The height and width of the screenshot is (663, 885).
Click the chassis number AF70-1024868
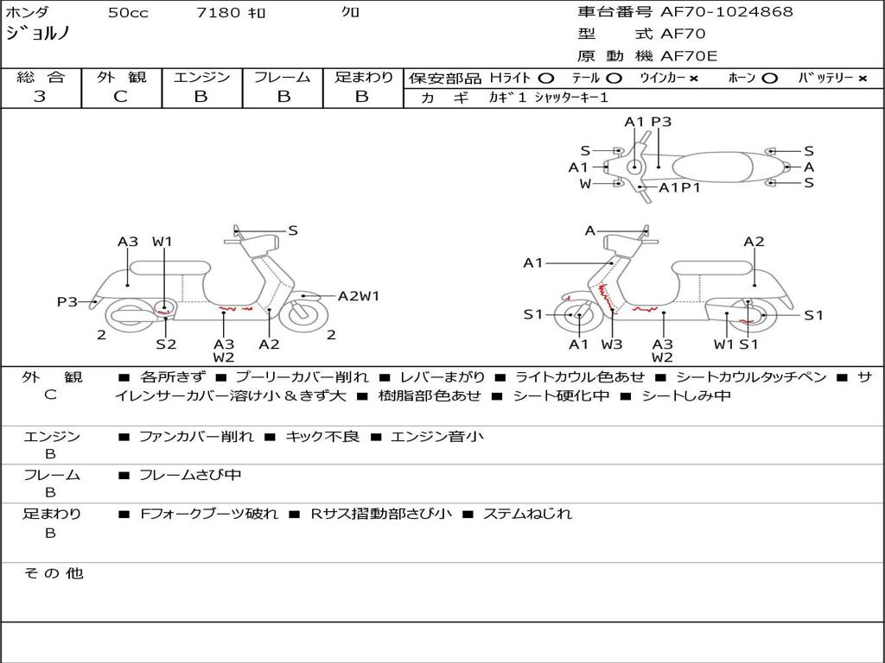pos(726,11)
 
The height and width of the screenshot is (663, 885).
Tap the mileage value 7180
pos(218,12)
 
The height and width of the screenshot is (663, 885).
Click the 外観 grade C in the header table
pos(120,97)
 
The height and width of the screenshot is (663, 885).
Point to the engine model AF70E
pos(689,56)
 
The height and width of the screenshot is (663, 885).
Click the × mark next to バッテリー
pos(863,79)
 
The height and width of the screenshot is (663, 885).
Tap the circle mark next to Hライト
pos(546,79)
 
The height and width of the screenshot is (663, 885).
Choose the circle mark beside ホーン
pos(769,79)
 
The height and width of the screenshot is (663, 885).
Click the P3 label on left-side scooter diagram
pos(67,301)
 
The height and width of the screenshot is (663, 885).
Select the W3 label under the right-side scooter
pos(611,344)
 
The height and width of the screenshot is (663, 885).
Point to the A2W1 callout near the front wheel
pos(359,295)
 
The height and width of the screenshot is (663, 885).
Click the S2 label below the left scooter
pos(166,344)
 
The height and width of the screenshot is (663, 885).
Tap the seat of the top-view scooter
pos(712,167)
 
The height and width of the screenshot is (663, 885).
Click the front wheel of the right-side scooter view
pos(579,315)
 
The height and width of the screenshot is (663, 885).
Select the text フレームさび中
pos(190,476)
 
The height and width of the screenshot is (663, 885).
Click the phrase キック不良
pos(322,436)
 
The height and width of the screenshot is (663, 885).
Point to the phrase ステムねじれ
pos(528,514)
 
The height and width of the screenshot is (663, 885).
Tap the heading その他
pos(54,573)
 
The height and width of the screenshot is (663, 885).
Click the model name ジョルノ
pos(38,33)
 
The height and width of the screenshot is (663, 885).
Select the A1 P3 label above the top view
pos(648,122)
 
